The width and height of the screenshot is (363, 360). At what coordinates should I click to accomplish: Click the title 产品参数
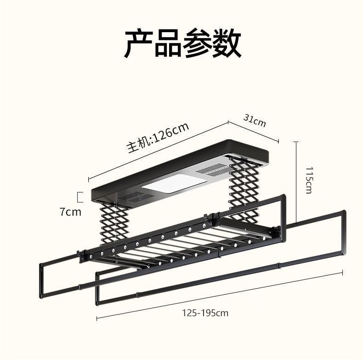pos(182,44)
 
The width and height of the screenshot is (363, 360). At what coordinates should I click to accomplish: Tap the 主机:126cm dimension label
pos(158,138)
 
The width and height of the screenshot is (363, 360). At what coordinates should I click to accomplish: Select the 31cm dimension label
pos(255,120)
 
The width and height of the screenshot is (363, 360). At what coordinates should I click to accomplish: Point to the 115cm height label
pos(308,180)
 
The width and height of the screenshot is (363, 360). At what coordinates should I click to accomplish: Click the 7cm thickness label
pos(70,211)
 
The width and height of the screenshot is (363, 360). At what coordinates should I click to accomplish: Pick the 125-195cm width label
pos(205,313)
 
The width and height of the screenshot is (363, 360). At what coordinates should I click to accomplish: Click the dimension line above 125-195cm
pos(220,295)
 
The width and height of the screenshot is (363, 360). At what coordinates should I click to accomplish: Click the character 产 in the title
pos(139,44)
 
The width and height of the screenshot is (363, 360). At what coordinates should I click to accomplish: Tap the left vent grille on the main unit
pos(132,197)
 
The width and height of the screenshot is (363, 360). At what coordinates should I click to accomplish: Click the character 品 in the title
pos(168,44)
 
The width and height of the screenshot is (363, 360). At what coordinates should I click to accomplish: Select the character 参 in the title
pos(197,44)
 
